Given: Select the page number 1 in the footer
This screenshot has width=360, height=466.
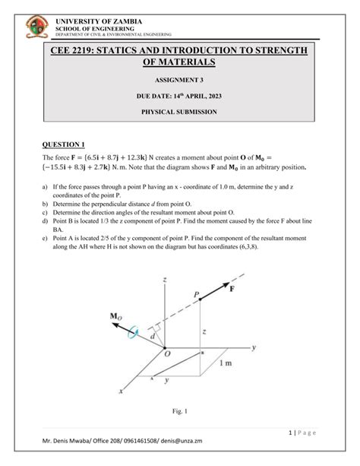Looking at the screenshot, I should pos(292,431).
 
